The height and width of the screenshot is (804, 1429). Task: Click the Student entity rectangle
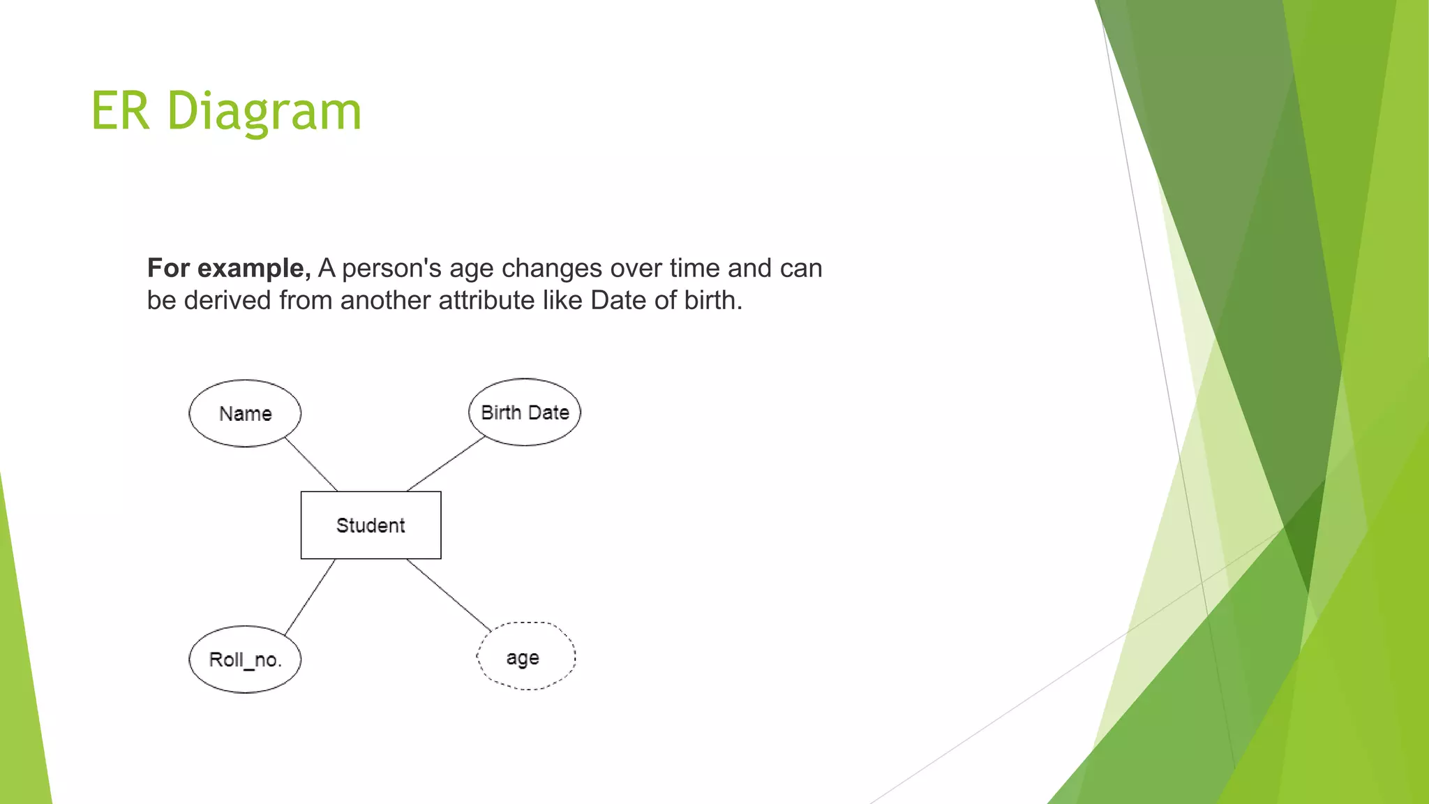[371, 525]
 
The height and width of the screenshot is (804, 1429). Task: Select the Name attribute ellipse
[245, 413]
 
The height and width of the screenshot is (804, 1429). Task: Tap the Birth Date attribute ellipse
[525, 412]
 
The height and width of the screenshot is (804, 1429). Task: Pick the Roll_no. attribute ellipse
[245, 659]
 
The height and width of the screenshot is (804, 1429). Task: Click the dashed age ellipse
[526, 657]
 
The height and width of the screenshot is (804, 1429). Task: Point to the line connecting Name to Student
[311, 464]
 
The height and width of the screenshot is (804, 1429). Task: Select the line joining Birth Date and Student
[445, 464]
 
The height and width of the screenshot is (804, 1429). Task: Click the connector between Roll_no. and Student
[311, 597]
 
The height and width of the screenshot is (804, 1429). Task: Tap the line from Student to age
[449, 595]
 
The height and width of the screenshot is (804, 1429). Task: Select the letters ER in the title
[120, 111]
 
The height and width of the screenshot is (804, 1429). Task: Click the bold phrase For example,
[229, 268]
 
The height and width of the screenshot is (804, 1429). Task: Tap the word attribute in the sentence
[486, 300]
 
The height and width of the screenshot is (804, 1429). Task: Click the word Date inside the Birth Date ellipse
[548, 412]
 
